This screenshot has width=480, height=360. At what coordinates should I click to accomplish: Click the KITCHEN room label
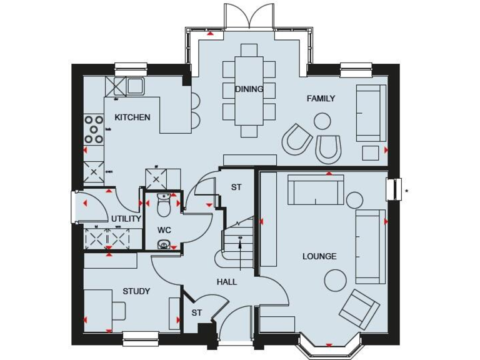(x=132, y=117)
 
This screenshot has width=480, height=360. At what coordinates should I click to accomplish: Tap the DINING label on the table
(x=249, y=89)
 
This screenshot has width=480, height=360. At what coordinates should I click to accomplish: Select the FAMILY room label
(x=321, y=98)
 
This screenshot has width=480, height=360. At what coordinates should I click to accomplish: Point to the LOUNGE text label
(x=319, y=256)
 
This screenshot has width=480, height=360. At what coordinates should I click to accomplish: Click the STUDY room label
(x=136, y=291)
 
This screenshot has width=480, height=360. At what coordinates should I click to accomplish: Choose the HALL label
(x=227, y=282)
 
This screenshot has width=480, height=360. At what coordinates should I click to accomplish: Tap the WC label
(x=164, y=230)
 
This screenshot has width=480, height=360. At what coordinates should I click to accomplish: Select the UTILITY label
(x=126, y=219)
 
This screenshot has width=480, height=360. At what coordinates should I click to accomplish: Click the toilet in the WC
(x=164, y=204)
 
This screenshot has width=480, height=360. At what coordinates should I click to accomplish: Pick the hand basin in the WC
(x=164, y=245)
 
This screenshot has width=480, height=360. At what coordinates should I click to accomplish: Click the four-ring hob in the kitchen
(x=94, y=129)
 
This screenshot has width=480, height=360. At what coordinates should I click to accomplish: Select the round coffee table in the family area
(x=322, y=121)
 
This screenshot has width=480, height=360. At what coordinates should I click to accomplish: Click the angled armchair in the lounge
(x=359, y=309)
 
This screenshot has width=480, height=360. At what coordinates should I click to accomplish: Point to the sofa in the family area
(x=371, y=113)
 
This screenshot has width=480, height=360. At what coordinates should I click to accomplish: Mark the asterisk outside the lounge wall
(x=406, y=191)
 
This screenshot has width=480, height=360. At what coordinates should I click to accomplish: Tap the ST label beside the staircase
(x=236, y=187)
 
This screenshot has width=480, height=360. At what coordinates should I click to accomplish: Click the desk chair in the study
(x=117, y=311)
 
